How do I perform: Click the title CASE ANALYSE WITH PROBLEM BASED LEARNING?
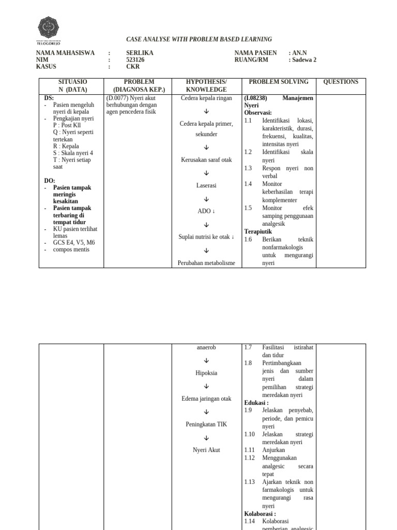tap(199, 39)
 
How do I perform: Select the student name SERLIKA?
tap(140, 53)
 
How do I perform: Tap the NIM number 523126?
tap(136, 60)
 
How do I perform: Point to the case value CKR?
tap(133, 67)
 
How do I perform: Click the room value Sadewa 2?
tap(304, 60)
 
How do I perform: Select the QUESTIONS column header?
tap(340, 82)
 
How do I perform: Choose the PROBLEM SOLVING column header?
tap(278, 82)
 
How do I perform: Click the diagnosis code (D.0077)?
tap(116, 98)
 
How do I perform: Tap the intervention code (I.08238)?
tap(255, 98)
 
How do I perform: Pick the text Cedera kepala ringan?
tap(206, 98)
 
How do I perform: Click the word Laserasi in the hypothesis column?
tap(206, 185)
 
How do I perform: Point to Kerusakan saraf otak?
tap(206, 160)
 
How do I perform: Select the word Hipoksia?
tap(206, 373)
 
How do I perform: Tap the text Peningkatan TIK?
tap(206, 424)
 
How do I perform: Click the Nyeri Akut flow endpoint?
tap(206, 450)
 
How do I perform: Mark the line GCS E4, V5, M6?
tap(74, 242)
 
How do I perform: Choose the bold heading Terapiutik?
tap(258, 232)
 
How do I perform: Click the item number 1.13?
tap(250, 482)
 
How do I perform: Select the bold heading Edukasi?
tap(256, 403)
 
